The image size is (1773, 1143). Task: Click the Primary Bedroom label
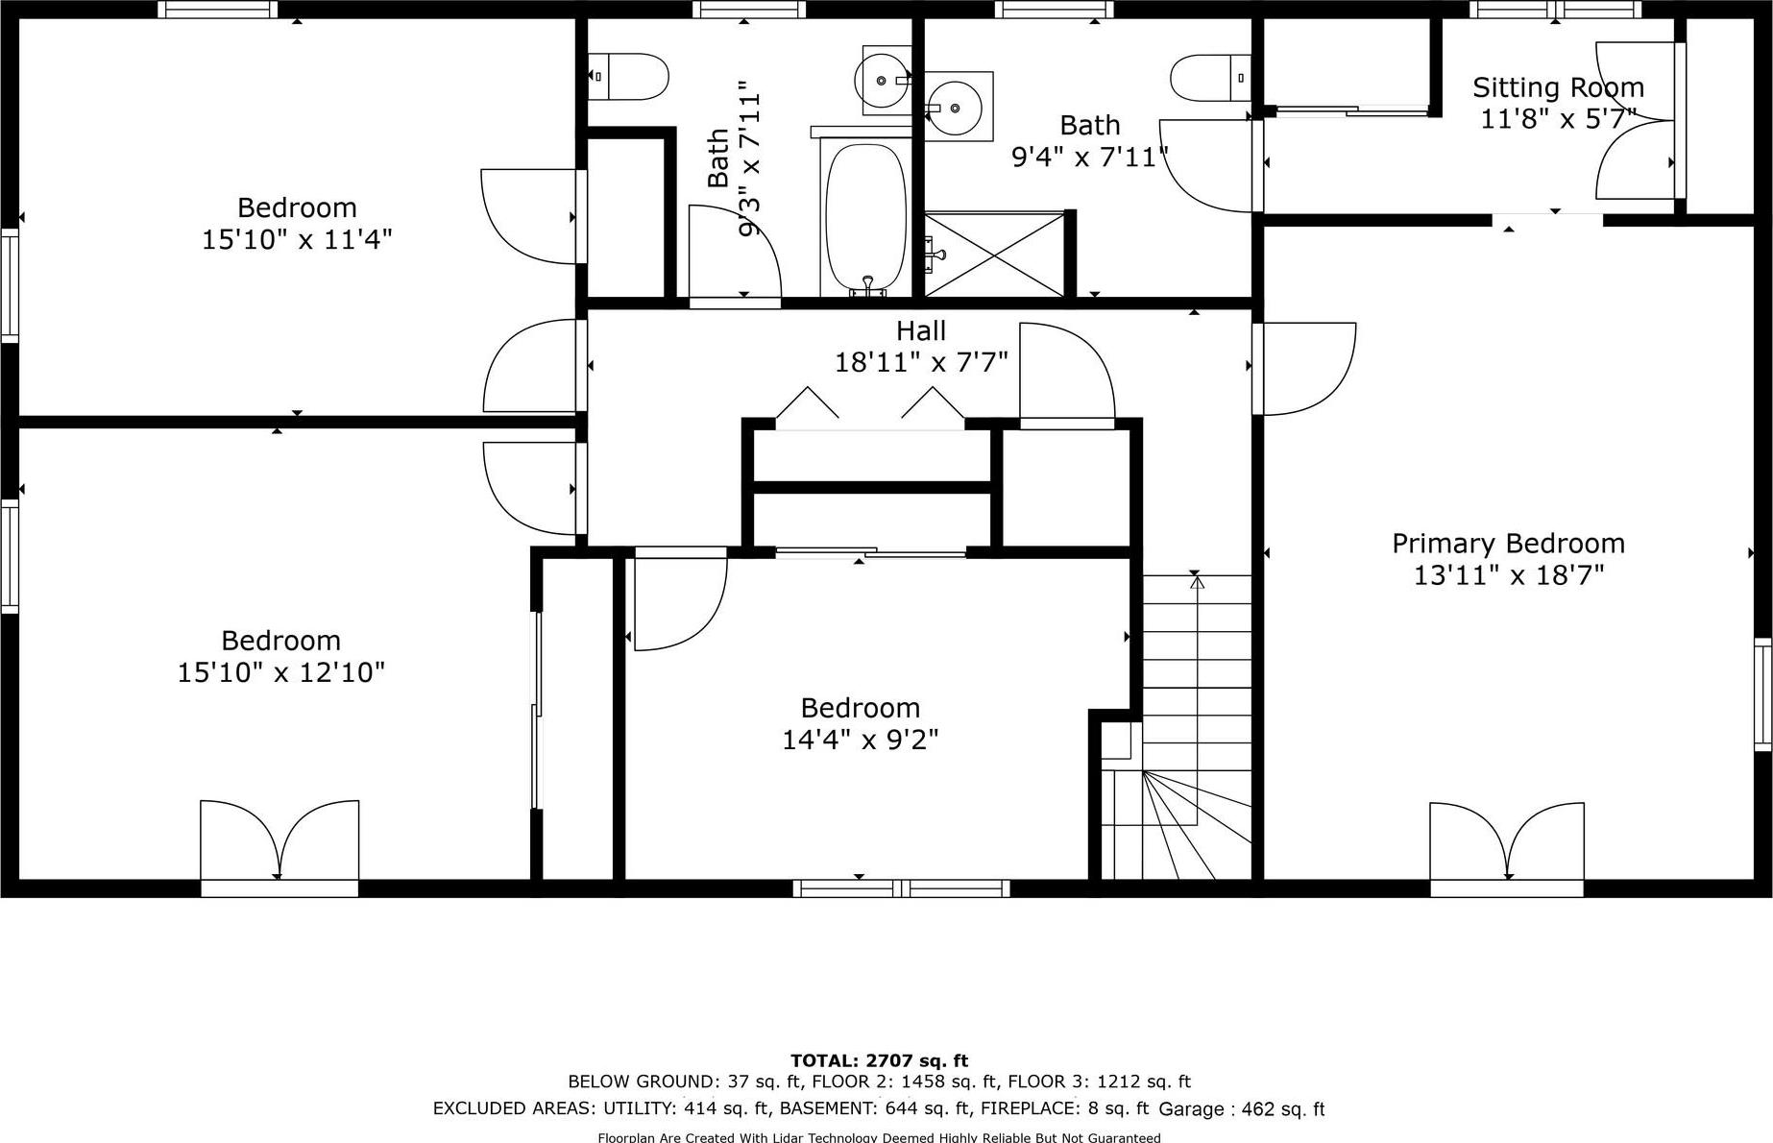coord(1508,544)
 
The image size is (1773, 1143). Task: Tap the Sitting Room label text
coord(1558,88)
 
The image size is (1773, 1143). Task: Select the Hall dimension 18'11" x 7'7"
coord(921,362)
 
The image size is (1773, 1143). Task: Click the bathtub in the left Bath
coord(864,216)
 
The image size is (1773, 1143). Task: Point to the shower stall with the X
coord(995,255)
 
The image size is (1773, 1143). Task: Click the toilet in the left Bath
coord(629,77)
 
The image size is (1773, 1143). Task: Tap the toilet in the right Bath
coord(1210,78)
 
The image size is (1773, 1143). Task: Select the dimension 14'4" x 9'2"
coord(860,740)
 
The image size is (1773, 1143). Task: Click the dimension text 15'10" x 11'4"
coord(297,239)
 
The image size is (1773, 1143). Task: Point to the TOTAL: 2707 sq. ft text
coord(879,1060)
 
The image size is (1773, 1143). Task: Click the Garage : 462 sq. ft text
coord(1242,1109)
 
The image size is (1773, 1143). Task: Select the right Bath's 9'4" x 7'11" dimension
coord(1090,157)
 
